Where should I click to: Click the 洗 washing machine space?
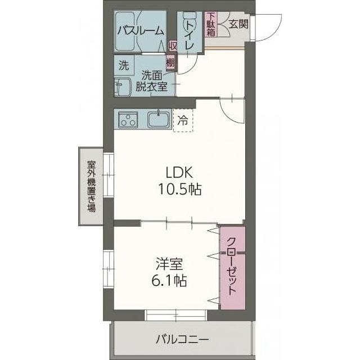pyautogui.click(x=123, y=65)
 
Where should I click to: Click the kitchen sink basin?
pyautogui.click(x=159, y=119)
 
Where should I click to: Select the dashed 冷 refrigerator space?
pyautogui.click(x=182, y=119)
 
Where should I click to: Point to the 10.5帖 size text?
pyautogui.click(x=178, y=190)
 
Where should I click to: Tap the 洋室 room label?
pyautogui.click(x=168, y=263)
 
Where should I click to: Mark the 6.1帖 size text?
pyautogui.click(x=168, y=280)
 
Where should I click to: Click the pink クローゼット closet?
pyautogui.click(x=232, y=268)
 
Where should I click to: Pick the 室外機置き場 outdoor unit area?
pyautogui.click(x=91, y=186)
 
